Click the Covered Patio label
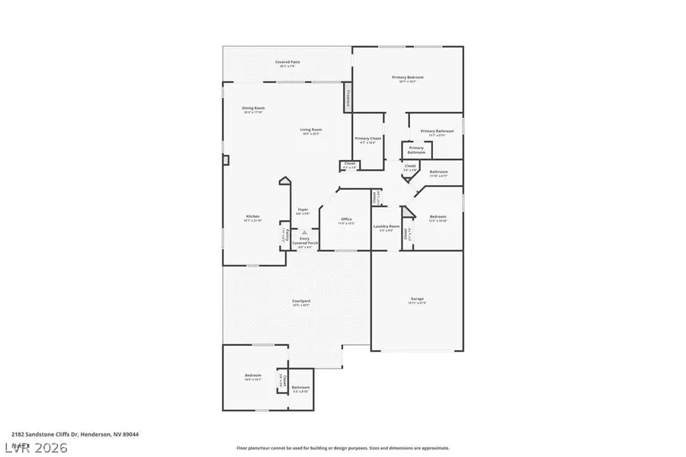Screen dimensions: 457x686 click(x=287, y=62)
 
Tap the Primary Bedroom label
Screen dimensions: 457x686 click(x=408, y=78)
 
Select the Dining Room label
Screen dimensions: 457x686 click(x=254, y=109)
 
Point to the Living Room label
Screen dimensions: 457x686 click(x=310, y=131)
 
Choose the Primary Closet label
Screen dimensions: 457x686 click(x=368, y=139)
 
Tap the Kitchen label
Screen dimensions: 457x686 click(x=252, y=217)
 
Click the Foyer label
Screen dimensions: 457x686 click(x=303, y=210)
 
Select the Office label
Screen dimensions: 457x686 click(x=346, y=221)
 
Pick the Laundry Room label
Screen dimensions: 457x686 click(x=386, y=228)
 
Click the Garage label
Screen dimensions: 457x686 click(x=417, y=300)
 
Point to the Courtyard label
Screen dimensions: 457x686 click(x=301, y=302)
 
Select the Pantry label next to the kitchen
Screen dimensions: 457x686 click(x=284, y=235)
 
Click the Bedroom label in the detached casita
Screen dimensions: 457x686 click(x=253, y=376)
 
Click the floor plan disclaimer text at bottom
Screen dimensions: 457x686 click(x=343, y=448)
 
